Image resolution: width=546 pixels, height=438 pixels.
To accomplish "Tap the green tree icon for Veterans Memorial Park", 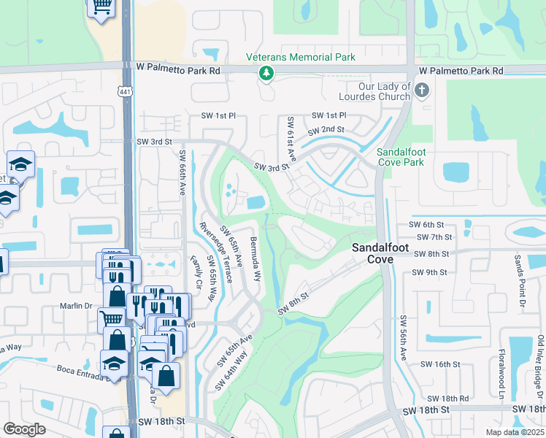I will point(267,72).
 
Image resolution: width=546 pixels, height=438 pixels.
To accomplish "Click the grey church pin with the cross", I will point(421,91).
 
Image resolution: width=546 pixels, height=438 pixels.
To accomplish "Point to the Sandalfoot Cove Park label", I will point(399,157).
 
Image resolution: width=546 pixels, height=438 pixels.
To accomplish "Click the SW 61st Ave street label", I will point(291,139).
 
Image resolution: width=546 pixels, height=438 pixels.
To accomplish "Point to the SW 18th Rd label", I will point(447,399).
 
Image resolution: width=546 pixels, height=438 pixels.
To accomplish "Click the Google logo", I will point(25,430).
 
